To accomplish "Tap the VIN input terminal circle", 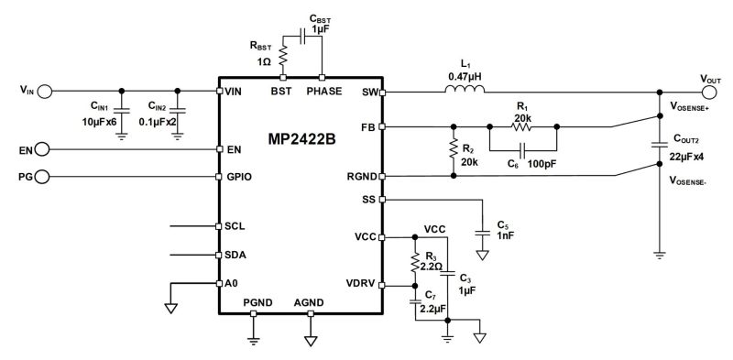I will (45, 91).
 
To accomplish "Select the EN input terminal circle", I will (45, 148).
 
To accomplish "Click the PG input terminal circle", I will (45, 176).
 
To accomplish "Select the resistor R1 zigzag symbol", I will (522, 126).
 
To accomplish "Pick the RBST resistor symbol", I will (282, 57).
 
